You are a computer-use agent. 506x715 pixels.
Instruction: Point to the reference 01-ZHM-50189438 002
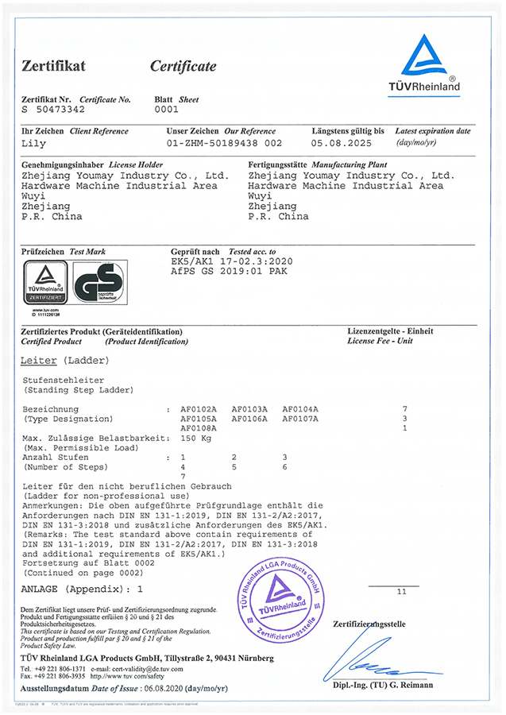(225, 144)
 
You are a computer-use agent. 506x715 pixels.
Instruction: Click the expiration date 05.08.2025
(342, 144)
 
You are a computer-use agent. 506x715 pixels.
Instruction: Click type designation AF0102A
(199, 408)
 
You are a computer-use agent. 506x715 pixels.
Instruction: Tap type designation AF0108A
(199, 428)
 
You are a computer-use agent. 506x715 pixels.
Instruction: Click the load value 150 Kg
(198, 438)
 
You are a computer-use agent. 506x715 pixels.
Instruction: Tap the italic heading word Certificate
(183, 66)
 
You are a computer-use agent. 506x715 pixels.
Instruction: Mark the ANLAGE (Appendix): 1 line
(83, 590)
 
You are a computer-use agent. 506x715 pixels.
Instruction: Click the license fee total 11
(401, 592)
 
